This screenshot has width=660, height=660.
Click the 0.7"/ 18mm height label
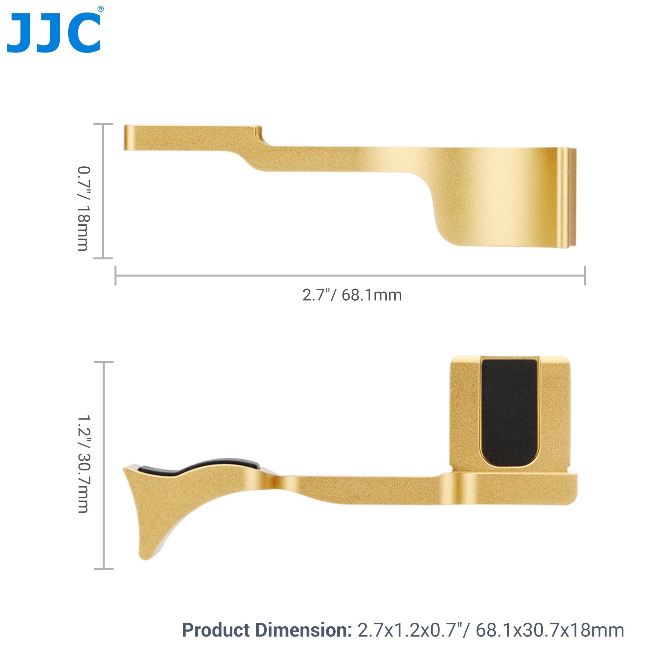(83, 209)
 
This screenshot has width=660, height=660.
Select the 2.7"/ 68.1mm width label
(352, 295)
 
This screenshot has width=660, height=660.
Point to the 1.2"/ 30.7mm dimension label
(83, 464)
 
